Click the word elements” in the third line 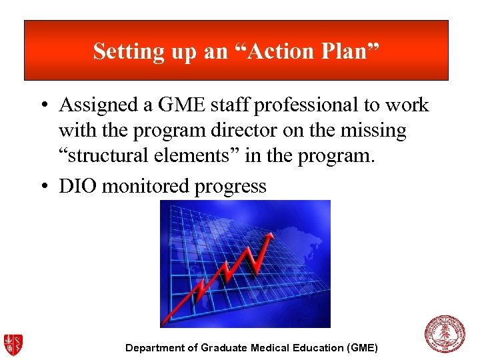[x=200, y=157]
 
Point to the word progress [x=230, y=186]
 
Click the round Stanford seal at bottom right [x=445, y=335]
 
